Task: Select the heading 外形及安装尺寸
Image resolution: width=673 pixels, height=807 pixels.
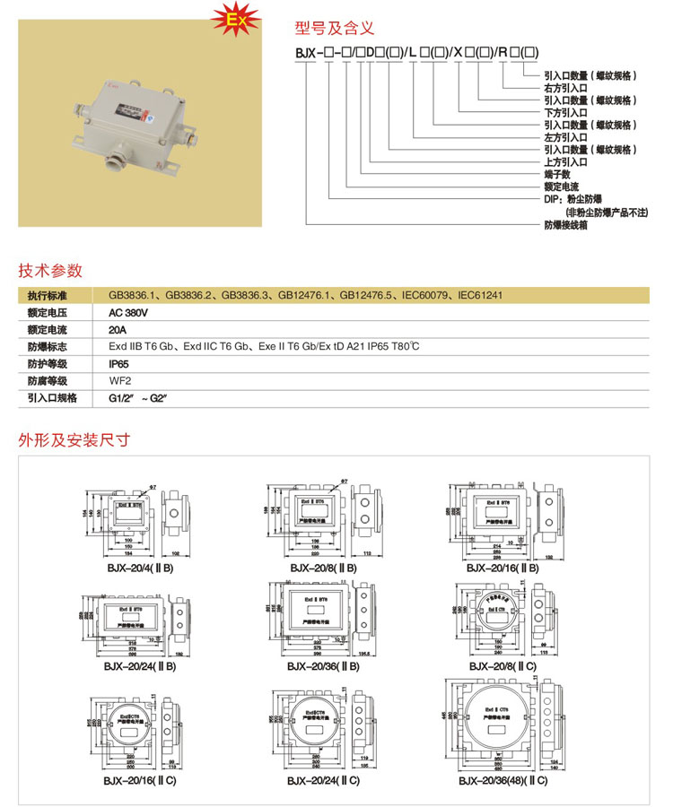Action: (74, 440)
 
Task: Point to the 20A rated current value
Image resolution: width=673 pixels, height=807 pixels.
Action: (118, 330)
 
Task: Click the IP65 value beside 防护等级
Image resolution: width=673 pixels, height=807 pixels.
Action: (118, 364)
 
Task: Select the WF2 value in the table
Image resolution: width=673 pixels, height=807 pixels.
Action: (119, 380)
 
